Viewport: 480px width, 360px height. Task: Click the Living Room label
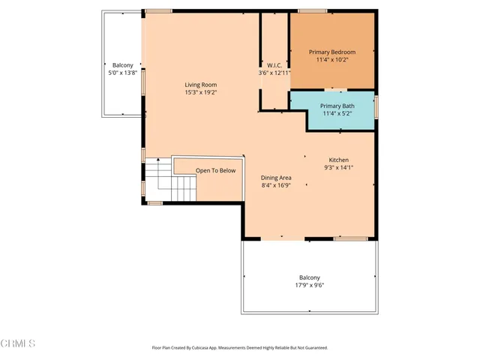pyautogui.click(x=200, y=85)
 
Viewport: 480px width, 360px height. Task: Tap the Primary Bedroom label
pyautogui.click(x=332, y=52)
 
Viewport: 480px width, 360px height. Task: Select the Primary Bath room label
pyautogui.click(x=337, y=106)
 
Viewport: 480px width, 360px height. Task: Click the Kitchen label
pyautogui.click(x=338, y=160)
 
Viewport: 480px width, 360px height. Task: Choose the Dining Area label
pyautogui.click(x=276, y=178)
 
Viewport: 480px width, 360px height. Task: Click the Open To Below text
pyautogui.click(x=216, y=171)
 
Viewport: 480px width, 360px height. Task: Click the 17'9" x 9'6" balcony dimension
pyautogui.click(x=309, y=285)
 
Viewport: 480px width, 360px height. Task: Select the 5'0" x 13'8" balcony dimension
pyautogui.click(x=123, y=73)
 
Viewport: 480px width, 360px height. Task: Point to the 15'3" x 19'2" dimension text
pyautogui.click(x=200, y=93)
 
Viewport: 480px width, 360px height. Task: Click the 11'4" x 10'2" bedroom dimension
pyautogui.click(x=332, y=60)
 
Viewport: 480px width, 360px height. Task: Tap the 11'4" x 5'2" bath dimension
pyautogui.click(x=337, y=114)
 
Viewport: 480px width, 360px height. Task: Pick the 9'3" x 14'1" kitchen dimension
pyautogui.click(x=338, y=169)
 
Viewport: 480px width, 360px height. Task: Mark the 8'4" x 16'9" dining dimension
pyautogui.click(x=276, y=185)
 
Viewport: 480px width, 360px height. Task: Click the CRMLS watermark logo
pyautogui.click(x=19, y=343)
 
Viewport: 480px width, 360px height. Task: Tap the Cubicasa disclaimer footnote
pyautogui.click(x=240, y=348)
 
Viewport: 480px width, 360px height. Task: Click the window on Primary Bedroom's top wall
pyautogui.click(x=310, y=10)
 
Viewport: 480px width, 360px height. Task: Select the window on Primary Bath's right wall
pyautogui.click(x=376, y=106)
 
